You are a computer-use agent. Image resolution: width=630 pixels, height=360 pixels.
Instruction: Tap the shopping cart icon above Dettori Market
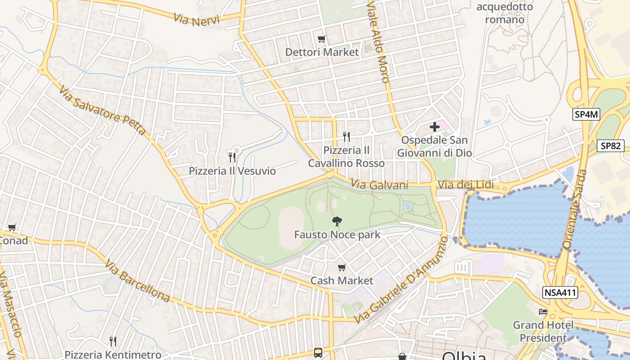pos(321,39)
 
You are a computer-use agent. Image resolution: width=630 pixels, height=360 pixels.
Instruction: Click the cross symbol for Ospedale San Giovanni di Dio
pos(434,127)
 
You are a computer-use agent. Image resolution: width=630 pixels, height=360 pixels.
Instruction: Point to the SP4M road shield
pos(587,114)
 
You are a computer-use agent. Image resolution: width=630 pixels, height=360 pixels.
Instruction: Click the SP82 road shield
pos(611,146)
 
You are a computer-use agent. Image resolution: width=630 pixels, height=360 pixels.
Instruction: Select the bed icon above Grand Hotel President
pos(543,311)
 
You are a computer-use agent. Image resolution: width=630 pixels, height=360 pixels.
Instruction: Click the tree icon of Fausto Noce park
pos(337,221)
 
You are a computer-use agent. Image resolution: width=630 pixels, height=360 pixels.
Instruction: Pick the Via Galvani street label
pos(379,185)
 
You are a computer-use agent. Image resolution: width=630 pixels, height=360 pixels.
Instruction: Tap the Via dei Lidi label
pos(466,185)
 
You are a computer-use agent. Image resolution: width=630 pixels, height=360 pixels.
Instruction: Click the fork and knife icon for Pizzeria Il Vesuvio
pos(232,157)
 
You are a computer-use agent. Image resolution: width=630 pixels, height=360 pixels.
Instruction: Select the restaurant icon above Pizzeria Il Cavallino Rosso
pos(346,136)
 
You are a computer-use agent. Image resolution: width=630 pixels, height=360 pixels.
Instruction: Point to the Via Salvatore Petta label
pos(102,110)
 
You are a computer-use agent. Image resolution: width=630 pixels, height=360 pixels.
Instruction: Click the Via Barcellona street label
pos(138,281)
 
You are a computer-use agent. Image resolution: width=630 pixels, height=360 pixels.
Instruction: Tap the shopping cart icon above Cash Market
pos(342,267)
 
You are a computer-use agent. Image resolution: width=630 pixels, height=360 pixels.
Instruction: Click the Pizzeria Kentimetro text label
pos(113,355)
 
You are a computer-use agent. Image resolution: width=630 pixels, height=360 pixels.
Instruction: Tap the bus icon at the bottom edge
pos(318,352)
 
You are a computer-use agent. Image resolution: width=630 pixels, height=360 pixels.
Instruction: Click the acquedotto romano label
pos(504,13)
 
